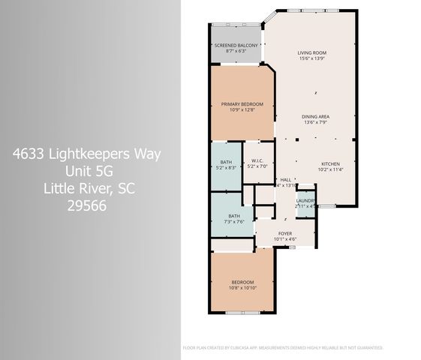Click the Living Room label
pos(315,52)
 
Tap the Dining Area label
pos(317,116)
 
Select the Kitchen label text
pos(331,163)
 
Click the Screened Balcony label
pos(236,46)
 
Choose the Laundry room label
pos(305,201)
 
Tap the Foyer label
pos(285,233)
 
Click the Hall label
pos(285,180)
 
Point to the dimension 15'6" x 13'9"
pos(315,58)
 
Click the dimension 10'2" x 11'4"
pos(331,169)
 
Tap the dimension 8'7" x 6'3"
pos(236,52)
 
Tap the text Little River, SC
pos(87,187)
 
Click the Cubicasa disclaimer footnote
pos(283,348)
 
